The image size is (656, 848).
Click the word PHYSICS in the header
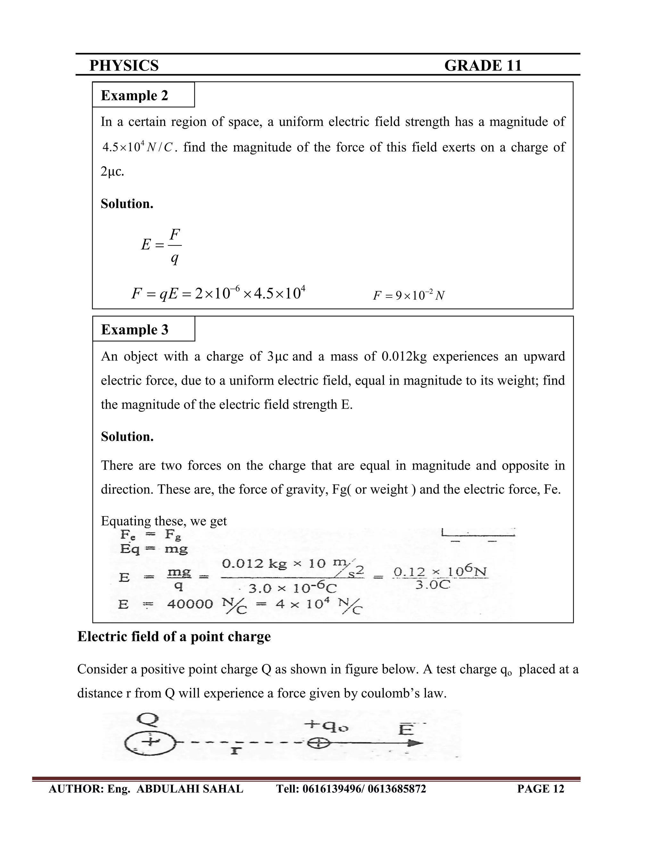click(124, 66)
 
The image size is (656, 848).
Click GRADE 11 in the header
click(483, 66)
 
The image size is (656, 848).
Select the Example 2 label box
click(143, 95)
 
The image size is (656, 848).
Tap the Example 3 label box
click(143, 329)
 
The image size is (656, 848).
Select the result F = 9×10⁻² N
click(408, 295)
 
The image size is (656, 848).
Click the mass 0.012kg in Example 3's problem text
click(404, 356)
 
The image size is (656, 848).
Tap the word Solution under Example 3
click(127, 436)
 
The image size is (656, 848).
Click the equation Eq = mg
click(154, 548)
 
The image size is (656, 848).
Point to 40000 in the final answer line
click(190, 604)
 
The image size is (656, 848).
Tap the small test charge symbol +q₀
click(318, 743)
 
